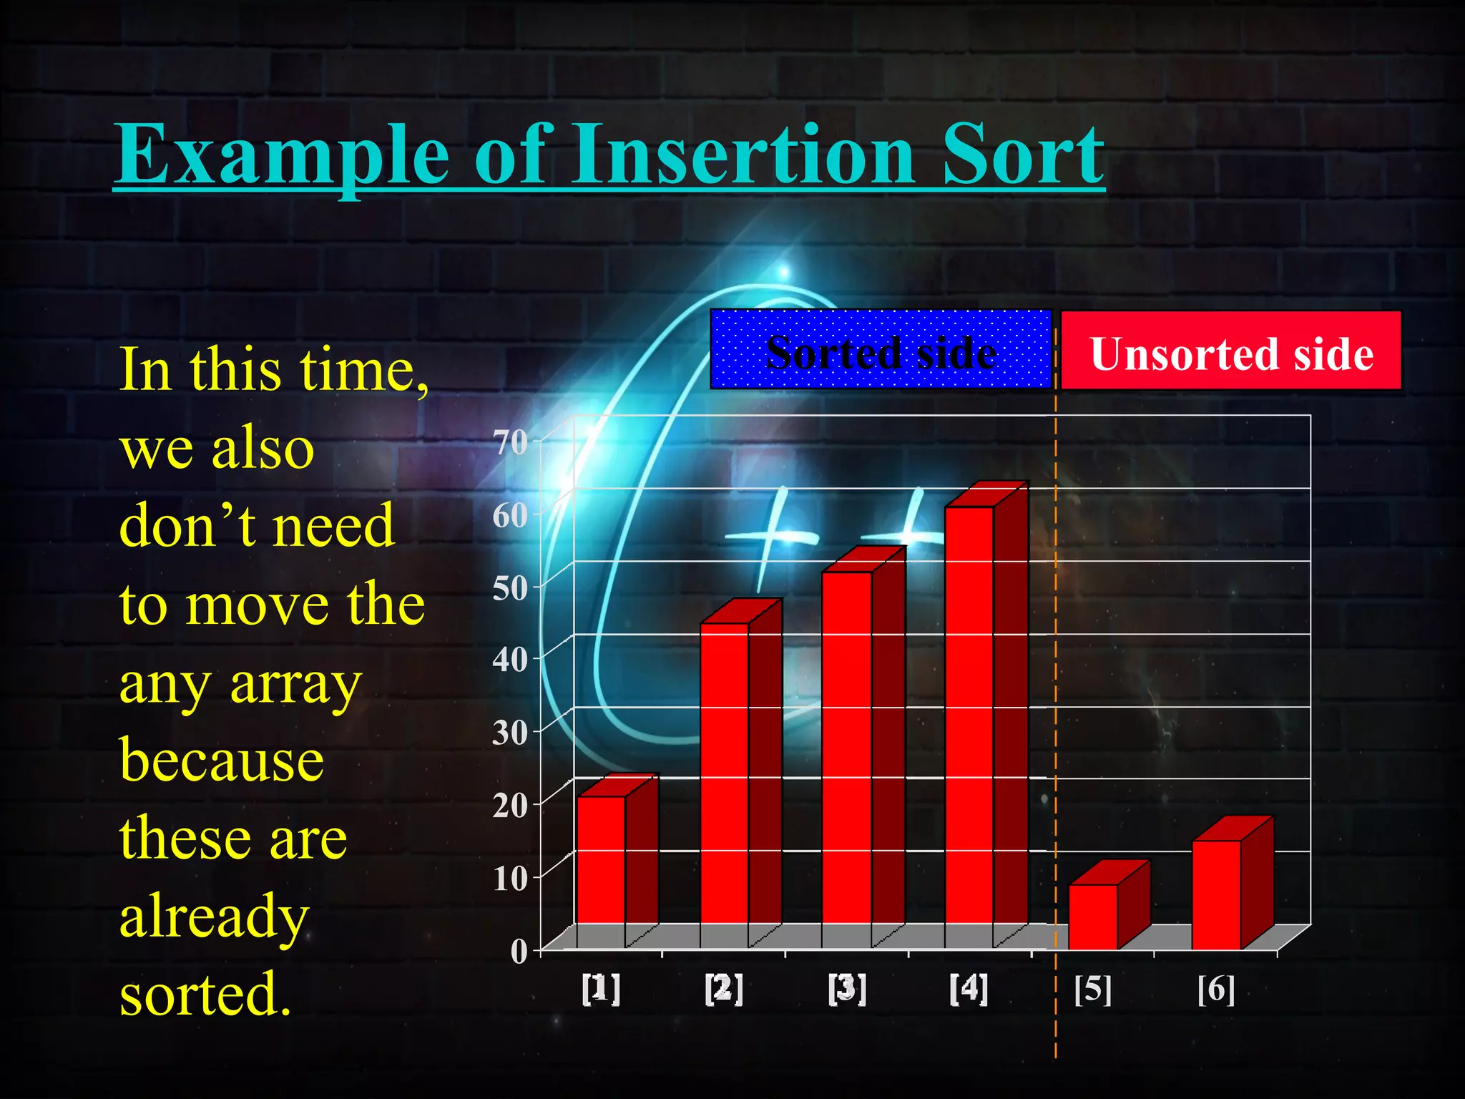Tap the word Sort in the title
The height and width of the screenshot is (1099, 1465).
(x=1023, y=154)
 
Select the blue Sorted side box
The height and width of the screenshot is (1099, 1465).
(x=881, y=350)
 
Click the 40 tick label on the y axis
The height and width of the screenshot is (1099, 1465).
(x=510, y=659)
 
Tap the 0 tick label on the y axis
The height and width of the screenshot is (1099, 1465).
(x=519, y=952)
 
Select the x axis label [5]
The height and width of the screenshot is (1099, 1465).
(x=1093, y=990)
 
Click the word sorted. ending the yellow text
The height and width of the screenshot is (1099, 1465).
(x=206, y=995)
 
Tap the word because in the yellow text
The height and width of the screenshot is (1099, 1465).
(x=222, y=760)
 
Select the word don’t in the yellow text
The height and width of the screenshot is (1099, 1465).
(x=188, y=526)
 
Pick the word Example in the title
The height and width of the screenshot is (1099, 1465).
(x=283, y=154)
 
